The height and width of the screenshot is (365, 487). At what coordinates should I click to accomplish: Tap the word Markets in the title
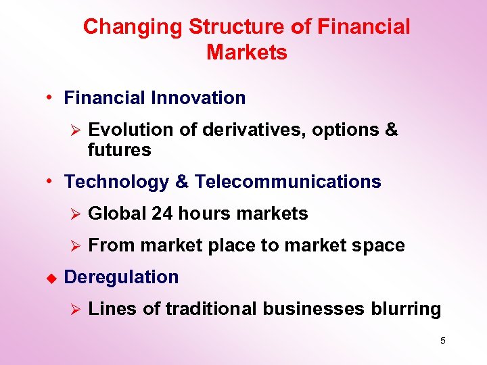pos(247,53)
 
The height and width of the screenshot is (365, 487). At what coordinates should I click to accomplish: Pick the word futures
pos(119,150)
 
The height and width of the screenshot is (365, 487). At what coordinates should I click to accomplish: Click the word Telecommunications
pos(288,182)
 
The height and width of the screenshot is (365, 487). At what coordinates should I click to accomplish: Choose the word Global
pos(118,214)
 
